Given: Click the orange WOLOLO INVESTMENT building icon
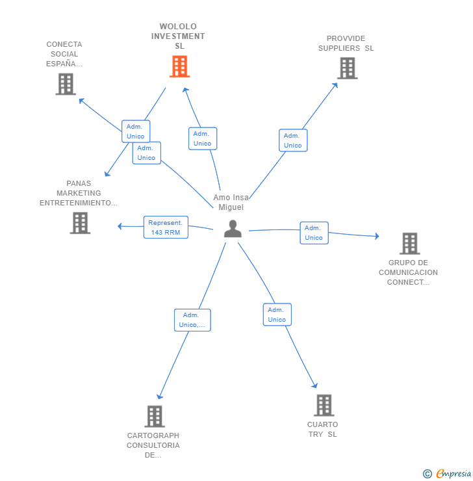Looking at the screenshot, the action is click(x=179, y=66).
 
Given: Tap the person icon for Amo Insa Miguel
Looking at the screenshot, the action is click(x=233, y=229).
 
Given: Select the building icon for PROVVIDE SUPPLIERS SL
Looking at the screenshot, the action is click(x=348, y=68).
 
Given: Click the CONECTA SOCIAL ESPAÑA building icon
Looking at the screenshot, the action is click(x=66, y=84).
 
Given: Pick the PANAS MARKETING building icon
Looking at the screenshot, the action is click(x=80, y=223).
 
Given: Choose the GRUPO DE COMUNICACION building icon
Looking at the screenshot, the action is click(x=409, y=244).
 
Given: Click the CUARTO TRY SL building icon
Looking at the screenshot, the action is click(x=324, y=405).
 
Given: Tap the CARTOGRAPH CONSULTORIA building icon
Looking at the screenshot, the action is click(x=155, y=417).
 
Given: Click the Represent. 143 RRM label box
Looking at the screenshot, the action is click(x=166, y=227).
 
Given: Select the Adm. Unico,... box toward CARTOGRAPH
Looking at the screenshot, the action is click(x=192, y=320).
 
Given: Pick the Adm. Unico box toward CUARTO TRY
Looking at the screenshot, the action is click(x=277, y=315).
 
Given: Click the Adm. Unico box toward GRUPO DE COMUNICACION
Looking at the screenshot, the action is click(x=314, y=233).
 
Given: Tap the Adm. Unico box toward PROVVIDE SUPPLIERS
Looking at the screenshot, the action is click(x=293, y=140).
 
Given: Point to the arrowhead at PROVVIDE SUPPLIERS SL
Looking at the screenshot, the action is click(x=336, y=85).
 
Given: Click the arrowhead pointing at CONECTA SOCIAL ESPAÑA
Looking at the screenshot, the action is click(x=81, y=100).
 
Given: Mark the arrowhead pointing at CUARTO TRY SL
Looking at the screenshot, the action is click(x=315, y=385).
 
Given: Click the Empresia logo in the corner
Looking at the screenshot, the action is click(x=447, y=474).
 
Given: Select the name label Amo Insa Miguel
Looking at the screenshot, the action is click(x=231, y=202).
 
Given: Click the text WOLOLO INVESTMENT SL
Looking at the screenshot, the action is click(x=178, y=36).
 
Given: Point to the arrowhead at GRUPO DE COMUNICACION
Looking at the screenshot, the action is click(x=377, y=236).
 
